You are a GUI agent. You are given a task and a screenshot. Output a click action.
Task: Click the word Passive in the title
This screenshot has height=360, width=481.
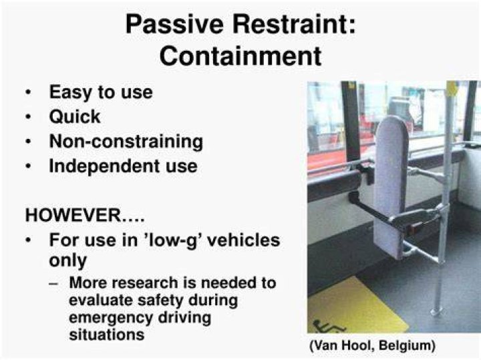pyautogui.click(x=174, y=25)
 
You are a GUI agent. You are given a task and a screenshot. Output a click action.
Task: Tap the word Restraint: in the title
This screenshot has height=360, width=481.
pyautogui.click(x=294, y=24)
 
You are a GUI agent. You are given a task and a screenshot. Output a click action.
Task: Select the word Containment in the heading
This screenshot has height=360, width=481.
pyautogui.click(x=240, y=56)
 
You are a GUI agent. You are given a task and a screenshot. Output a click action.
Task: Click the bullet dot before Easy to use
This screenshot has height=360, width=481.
pyautogui.click(x=29, y=92)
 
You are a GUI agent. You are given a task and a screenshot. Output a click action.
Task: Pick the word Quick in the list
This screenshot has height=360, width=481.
pyautogui.click(x=75, y=117)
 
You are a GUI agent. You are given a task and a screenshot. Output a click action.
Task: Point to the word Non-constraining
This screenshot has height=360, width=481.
pyautogui.click(x=126, y=142)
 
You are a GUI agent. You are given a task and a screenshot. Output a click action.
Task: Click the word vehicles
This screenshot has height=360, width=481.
pyautogui.click(x=244, y=240)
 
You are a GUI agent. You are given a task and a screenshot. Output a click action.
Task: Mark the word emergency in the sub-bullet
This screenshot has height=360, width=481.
pyautogui.click(x=110, y=318)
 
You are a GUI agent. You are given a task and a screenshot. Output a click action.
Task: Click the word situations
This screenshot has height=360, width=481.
pyautogui.click(x=107, y=334)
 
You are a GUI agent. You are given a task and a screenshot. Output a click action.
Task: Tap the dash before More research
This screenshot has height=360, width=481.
pyautogui.click(x=53, y=283)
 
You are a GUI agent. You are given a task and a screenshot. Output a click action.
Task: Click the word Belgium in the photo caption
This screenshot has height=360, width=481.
pyautogui.click(x=408, y=346)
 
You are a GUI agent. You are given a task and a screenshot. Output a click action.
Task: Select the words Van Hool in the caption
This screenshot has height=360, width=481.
pyautogui.click(x=343, y=345)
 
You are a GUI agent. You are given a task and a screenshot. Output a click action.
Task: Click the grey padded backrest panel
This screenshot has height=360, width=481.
pyautogui.click(x=390, y=187)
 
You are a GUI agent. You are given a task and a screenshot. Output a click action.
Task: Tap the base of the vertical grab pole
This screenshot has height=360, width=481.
pyautogui.click(x=437, y=312)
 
